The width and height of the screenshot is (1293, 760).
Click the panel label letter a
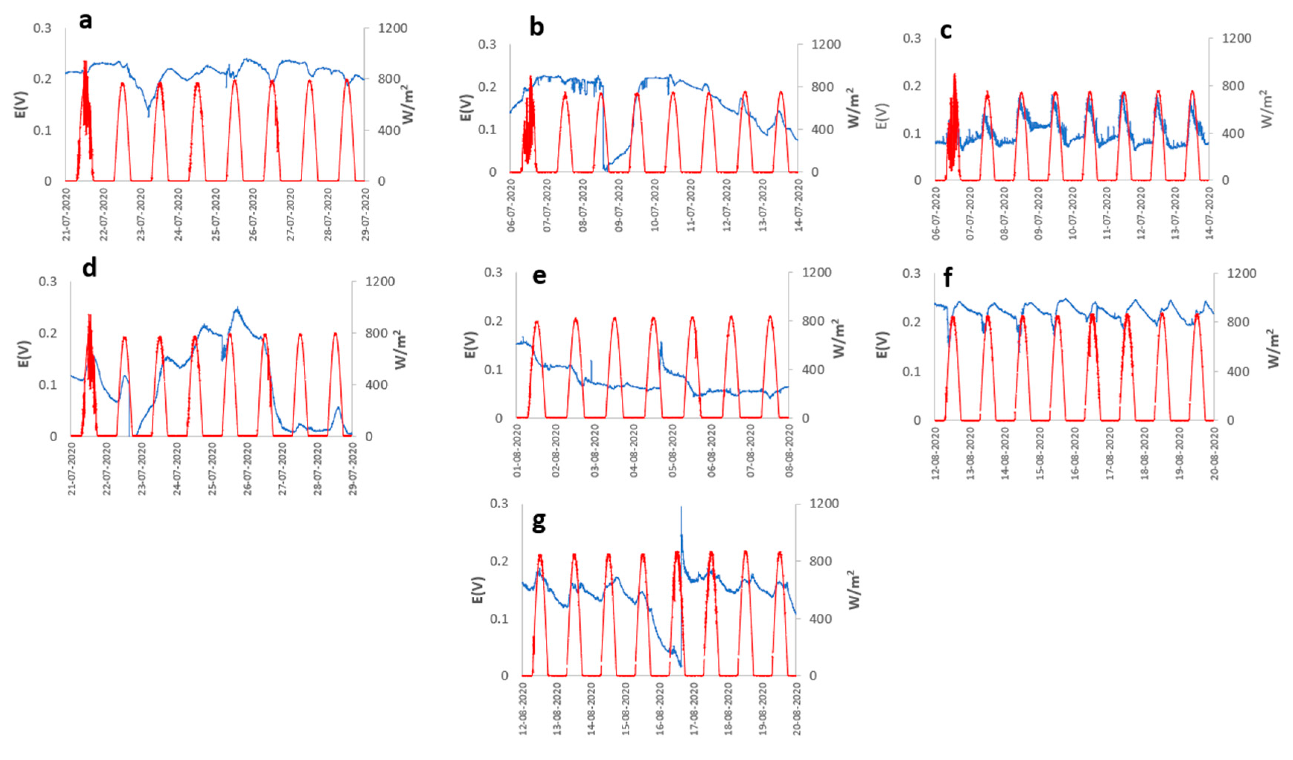pos(86,22)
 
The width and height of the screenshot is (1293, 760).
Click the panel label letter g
pos(538,522)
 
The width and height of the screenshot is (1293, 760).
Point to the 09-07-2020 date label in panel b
pos(618,205)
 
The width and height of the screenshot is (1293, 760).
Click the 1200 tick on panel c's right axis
pos(1236,38)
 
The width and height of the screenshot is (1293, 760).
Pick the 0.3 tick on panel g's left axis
pos(499,504)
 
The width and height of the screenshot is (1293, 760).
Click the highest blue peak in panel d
pos(237,309)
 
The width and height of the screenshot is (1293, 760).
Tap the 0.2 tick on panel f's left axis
pos(912,322)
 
